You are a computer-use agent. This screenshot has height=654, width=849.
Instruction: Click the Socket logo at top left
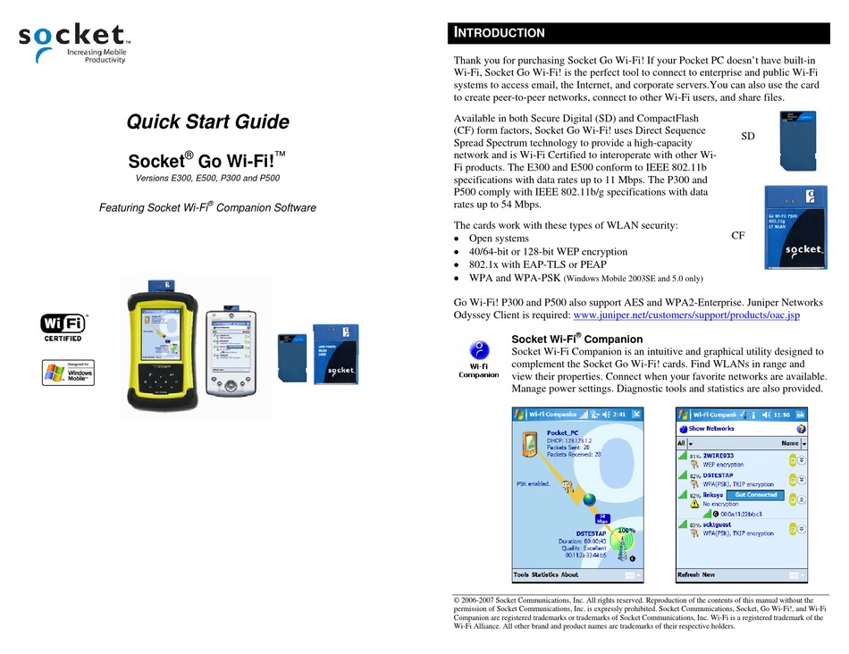click(x=74, y=42)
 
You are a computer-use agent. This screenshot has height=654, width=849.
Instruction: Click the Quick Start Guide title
click(x=207, y=122)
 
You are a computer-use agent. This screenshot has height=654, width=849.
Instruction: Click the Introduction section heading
click(x=500, y=33)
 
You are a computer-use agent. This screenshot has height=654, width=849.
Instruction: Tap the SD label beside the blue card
click(x=749, y=135)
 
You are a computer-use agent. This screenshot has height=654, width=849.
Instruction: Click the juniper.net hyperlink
click(x=685, y=315)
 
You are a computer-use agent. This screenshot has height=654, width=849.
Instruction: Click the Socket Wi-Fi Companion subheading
click(x=576, y=339)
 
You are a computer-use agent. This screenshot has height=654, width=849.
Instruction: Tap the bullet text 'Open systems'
click(x=499, y=239)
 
